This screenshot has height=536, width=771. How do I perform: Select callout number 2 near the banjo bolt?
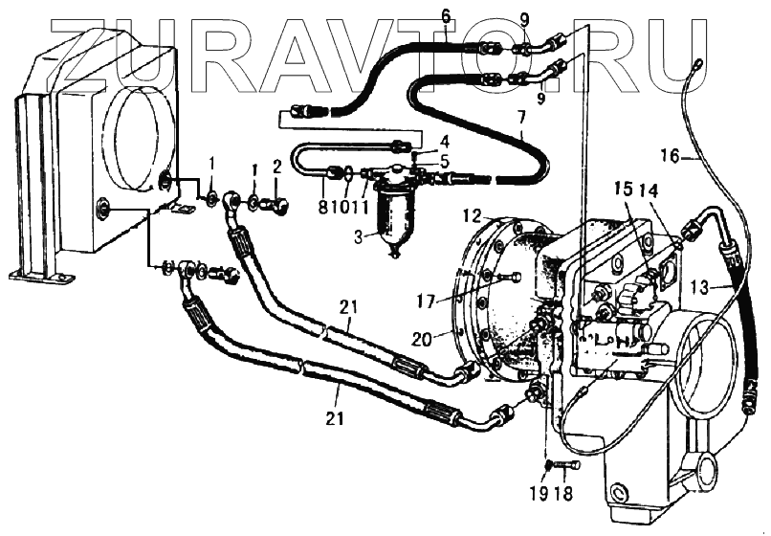(x=276, y=168)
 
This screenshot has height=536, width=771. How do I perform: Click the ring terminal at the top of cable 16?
(x=695, y=65)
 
